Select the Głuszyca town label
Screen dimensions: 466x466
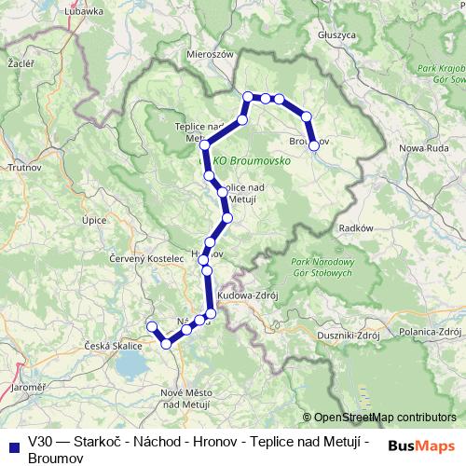pyautogui.click(x=336, y=34)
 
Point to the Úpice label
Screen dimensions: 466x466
pyautogui.click(x=94, y=220)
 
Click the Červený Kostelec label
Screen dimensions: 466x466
pyautogui.click(x=143, y=258)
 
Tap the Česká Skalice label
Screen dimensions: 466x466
pyautogui.click(x=111, y=346)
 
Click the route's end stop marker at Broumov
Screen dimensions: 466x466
pyautogui.click(x=314, y=145)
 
